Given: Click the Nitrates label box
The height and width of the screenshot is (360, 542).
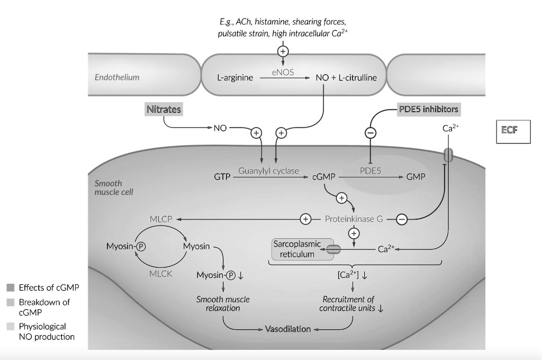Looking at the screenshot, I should click(164, 110).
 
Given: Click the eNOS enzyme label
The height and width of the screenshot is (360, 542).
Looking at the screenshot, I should click(283, 71).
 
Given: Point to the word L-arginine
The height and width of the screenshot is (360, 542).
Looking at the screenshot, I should click(234, 78).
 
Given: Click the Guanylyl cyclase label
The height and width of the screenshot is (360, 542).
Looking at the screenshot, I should click(268, 171).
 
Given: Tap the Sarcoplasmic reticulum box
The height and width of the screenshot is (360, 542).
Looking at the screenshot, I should click(296, 249).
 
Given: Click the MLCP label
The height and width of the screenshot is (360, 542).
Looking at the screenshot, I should click(161, 219).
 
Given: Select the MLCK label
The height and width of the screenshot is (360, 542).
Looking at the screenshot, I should click(161, 274).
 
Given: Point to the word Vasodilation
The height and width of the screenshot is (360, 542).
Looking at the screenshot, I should click(288, 329).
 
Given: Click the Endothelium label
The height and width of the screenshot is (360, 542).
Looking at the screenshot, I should click(117, 77).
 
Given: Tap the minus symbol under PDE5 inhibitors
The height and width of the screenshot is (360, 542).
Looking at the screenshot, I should click(371, 133).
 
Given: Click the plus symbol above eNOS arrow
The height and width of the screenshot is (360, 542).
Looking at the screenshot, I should click(283, 51).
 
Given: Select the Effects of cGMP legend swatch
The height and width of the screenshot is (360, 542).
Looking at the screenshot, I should click(10, 288).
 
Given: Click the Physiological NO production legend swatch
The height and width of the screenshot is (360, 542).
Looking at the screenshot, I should click(10, 327).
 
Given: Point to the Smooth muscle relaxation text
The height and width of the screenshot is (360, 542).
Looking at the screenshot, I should click(223, 303).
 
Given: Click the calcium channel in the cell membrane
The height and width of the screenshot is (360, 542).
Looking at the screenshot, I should click(448, 155).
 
